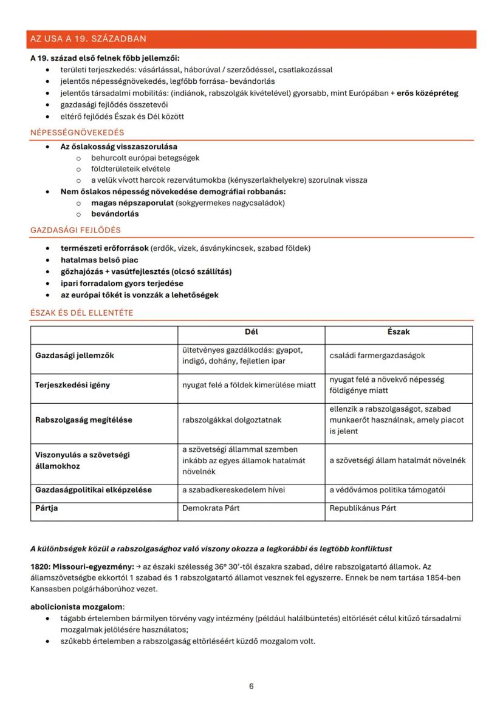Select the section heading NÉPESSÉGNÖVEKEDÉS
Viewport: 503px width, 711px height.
coord(77,132)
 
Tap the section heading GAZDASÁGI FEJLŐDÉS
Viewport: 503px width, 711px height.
coord(75,230)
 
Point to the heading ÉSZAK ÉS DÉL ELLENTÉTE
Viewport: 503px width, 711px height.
coord(82,313)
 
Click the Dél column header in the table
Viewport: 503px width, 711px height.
coord(251,332)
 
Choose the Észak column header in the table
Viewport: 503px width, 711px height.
coord(399,332)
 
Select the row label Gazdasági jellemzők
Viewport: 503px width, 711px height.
coord(74,355)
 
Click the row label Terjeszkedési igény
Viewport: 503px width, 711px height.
coord(72,385)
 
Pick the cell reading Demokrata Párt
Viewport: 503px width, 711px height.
coord(211,508)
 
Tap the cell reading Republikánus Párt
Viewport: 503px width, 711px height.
coord(363,508)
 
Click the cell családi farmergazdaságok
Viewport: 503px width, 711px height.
coord(377,355)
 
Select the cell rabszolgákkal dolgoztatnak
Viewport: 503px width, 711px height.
coord(231,420)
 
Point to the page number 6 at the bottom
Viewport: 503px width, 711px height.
coord(251,686)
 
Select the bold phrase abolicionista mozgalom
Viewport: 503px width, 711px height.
coord(77,607)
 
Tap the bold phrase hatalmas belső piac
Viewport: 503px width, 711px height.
coord(99,260)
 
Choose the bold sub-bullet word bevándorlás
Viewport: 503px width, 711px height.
coord(115,214)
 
